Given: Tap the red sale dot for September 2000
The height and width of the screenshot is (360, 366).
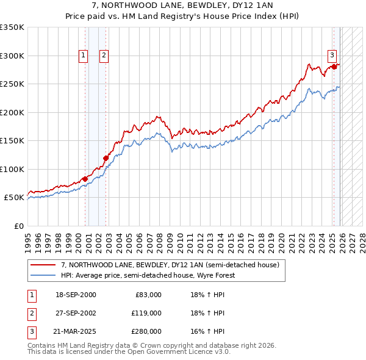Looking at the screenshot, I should (x=85, y=179).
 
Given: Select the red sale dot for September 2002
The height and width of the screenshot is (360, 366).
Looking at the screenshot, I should (x=106, y=158).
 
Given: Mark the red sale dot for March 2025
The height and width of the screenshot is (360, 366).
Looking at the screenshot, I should (x=334, y=67).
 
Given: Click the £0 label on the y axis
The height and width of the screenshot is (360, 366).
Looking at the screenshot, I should (x=18, y=226).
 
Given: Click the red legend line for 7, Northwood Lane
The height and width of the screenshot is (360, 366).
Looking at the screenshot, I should (x=43, y=265).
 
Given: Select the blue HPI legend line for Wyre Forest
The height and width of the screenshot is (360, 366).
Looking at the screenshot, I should (x=43, y=275).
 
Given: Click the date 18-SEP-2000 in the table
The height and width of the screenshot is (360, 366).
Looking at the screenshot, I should (x=75, y=295).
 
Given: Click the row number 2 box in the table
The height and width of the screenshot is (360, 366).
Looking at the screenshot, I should (x=31, y=313).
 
